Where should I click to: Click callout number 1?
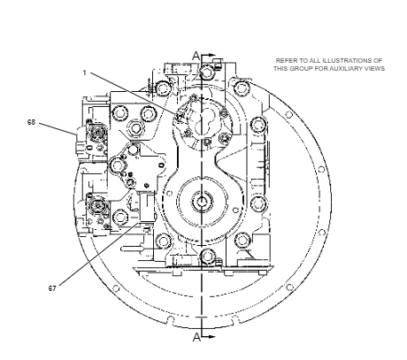(x=84, y=73)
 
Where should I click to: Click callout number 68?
(x=31, y=122)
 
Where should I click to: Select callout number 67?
(x=52, y=288)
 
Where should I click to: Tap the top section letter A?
(x=196, y=56)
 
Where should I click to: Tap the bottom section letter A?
(x=196, y=337)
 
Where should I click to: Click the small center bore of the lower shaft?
(x=202, y=202)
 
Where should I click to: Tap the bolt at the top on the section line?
(x=207, y=72)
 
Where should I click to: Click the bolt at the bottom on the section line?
(x=207, y=256)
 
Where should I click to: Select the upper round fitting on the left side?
(x=96, y=133)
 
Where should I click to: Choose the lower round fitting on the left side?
(x=96, y=205)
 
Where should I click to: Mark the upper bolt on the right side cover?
(x=258, y=125)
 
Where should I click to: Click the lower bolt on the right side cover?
(x=258, y=203)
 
